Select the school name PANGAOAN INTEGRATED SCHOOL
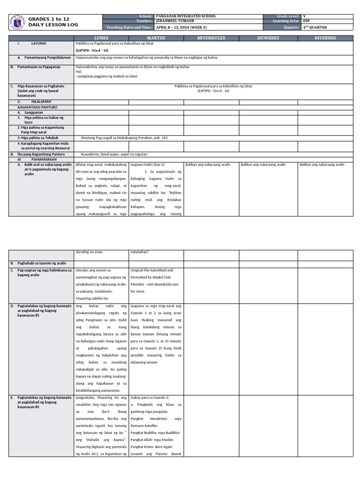coord(186,16)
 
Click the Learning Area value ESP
coord(307,22)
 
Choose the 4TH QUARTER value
coord(315,27)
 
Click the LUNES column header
coord(101,38)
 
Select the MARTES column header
coord(156,38)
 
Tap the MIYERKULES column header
coord(211,38)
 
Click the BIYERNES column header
coord(325,38)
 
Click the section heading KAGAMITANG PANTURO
coord(34,107)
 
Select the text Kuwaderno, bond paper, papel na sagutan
coord(114,154)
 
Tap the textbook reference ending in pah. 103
coord(124,138)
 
